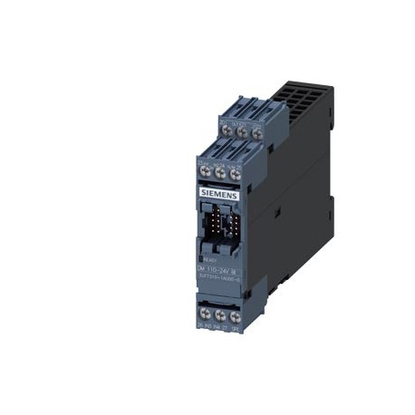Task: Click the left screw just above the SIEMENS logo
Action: (x=204, y=169)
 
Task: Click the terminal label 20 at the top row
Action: (x=224, y=118)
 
